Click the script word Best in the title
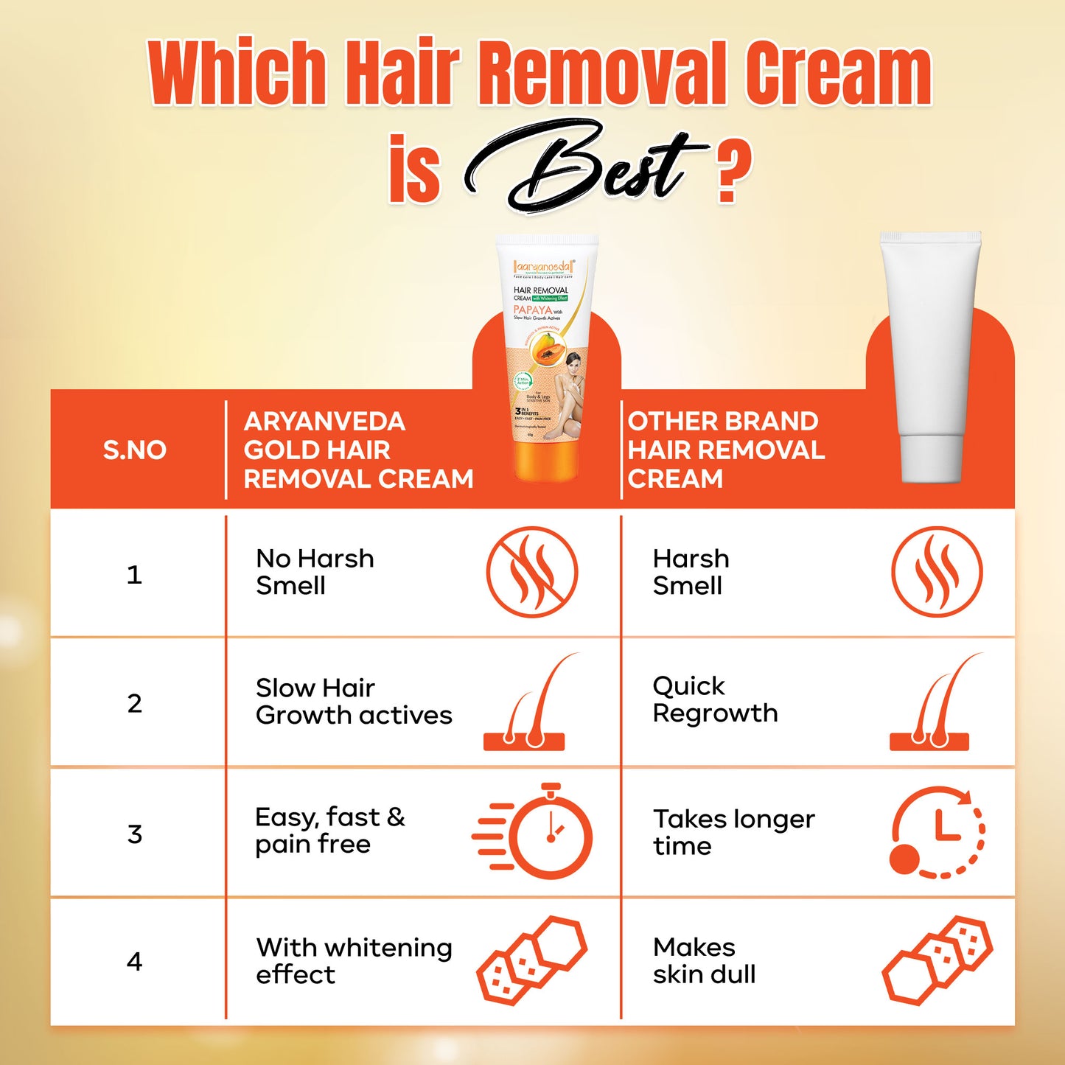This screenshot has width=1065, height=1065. point(582,166)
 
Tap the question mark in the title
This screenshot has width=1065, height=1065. point(731,171)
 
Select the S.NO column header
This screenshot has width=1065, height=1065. point(134,450)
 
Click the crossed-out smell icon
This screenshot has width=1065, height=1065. point(531,572)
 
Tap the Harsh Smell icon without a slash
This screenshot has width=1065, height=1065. point(936,572)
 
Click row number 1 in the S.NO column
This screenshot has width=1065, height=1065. point(134,574)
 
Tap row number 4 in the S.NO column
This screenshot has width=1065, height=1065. point(134,961)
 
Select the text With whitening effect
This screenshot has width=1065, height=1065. point(354,960)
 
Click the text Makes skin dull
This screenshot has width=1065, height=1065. point(704,960)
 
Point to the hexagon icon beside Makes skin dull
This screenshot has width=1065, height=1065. point(937,960)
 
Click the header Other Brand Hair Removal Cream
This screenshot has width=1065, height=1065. point(725,450)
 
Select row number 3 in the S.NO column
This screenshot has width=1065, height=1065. point(134,834)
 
